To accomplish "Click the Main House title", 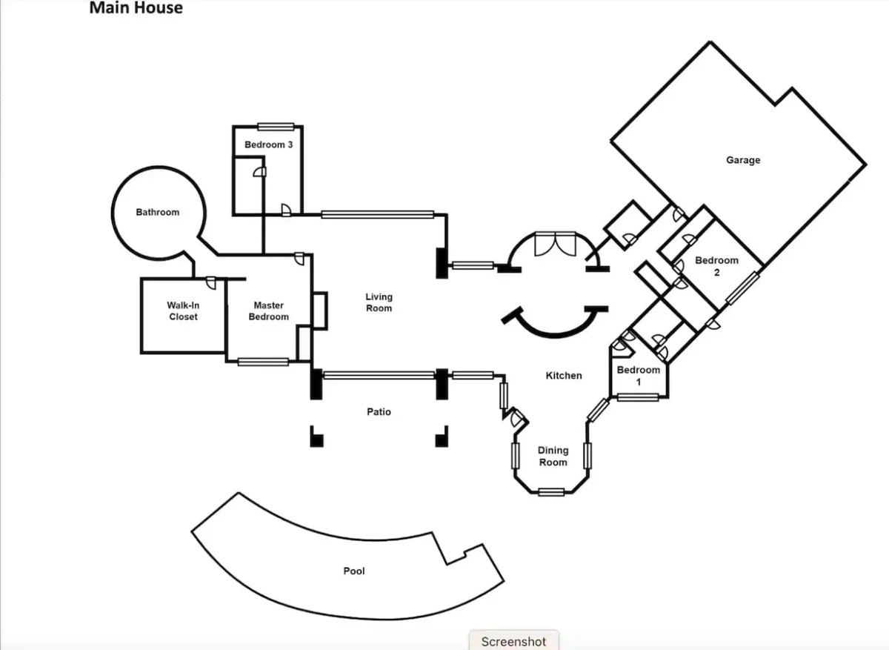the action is pyautogui.click(x=136, y=8).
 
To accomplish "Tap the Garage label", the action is pyautogui.click(x=743, y=160).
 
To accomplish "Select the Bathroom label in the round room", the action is pyautogui.click(x=158, y=212).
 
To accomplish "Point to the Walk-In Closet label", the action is pyautogui.click(x=183, y=311).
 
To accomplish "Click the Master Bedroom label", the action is pyautogui.click(x=269, y=311).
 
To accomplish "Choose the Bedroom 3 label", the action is pyautogui.click(x=269, y=145).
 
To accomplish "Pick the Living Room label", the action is pyautogui.click(x=379, y=302).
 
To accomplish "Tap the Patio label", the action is pyautogui.click(x=379, y=412).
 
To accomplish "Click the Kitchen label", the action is pyautogui.click(x=564, y=375).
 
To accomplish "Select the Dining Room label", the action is pyautogui.click(x=553, y=457).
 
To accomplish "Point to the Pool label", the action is pyautogui.click(x=354, y=571).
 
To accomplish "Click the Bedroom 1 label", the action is pyautogui.click(x=639, y=376).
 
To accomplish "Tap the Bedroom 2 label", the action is pyautogui.click(x=717, y=266).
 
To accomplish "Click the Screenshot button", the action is pyautogui.click(x=514, y=641).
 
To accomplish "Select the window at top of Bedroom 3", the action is pyautogui.click(x=276, y=127).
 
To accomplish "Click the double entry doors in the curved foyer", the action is pyautogui.click(x=555, y=244).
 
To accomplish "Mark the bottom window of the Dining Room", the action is pyautogui.click(x=551, y=492).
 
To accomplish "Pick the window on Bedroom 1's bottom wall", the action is pyautogui.click(x=638, y=397).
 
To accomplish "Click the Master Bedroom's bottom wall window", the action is pyautogui.click(x=263, y=362).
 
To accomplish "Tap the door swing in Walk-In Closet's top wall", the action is pyautogui.click(x=211, y=282).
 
